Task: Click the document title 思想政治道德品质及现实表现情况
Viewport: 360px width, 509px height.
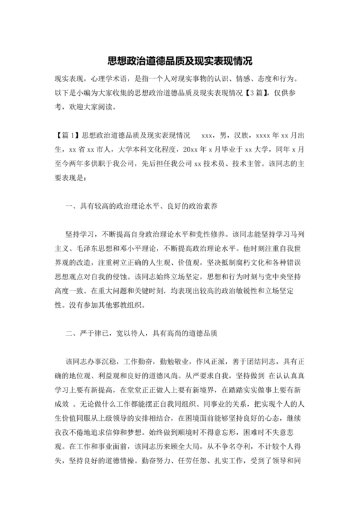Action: coord(180,62)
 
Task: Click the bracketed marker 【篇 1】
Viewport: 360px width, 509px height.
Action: coord(70,136)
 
